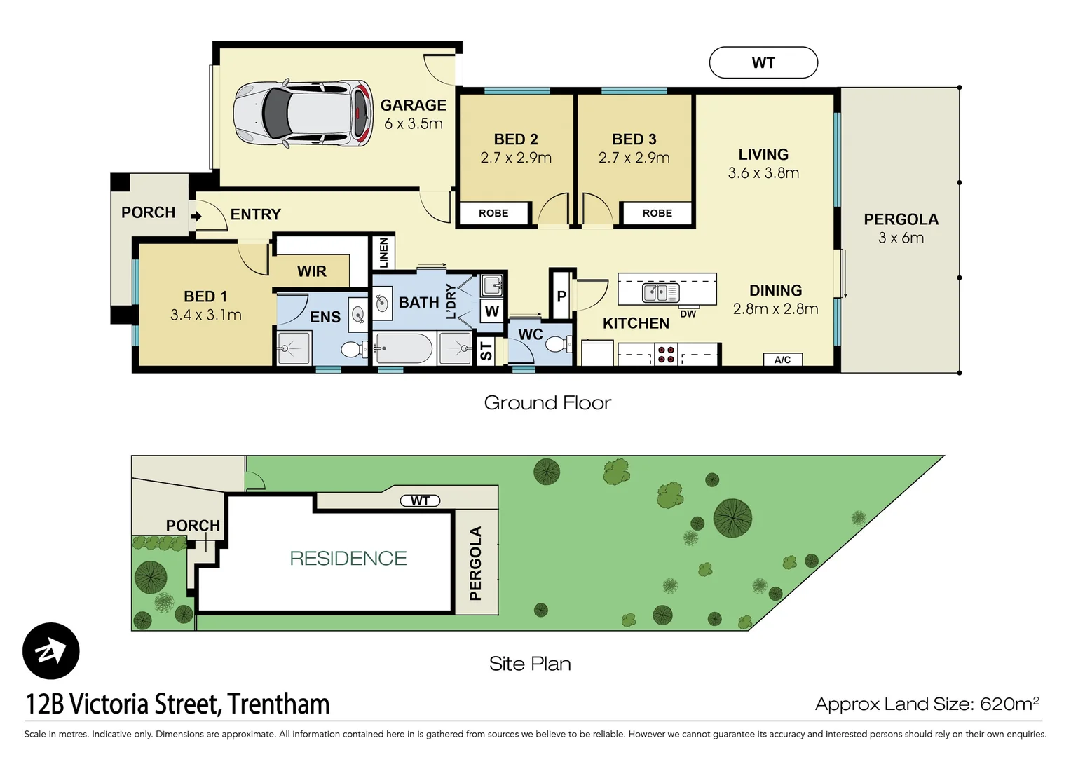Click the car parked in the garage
(303, 113)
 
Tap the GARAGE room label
(413, 105)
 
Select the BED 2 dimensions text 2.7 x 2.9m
(516, 158)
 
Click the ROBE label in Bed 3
(657, 213)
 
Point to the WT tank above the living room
(763, 63)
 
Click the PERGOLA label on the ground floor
(901, 219)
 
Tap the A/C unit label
(782, 360)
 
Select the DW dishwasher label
(688, 314)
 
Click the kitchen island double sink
(660, 292)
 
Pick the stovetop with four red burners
(666, 355)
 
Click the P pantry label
(561, 296)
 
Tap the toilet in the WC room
(557, 344)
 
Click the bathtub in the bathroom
(404, 348)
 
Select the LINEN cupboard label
(383, 252)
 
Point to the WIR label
(311, 271)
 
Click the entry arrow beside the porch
(196, 216)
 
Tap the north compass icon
(50, 651)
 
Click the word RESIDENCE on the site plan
(348, 558)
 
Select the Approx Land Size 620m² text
(926, 704)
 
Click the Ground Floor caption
(547, 402)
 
